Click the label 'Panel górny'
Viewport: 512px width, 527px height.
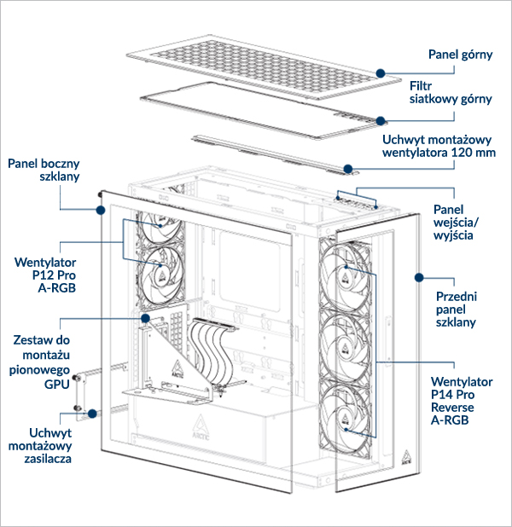[x=460, y=55]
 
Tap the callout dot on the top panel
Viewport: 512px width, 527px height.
[x=381, y=73]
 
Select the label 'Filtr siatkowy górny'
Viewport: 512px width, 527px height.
[x=451, y=92]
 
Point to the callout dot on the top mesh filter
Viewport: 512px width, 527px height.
[x=381, y=120]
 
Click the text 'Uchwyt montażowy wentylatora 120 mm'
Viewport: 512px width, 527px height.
[x=439, y=146]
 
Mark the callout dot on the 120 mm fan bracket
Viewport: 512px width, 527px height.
[x=348, y=168]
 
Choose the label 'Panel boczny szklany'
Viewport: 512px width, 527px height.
[x=44, y=170]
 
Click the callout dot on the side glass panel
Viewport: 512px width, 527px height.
[x=100, y=210]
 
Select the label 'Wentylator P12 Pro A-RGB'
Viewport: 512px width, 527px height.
[x=45, y=275]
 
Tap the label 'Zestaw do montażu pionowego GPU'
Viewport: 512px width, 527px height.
[x=40, y=362]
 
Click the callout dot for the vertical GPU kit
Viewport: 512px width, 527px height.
[x=145, y=318]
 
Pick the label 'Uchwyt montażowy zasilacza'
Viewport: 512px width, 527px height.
[x=40, y=446]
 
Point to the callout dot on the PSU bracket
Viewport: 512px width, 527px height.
[x=92, y=413]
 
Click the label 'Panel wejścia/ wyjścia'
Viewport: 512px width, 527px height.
[x=457, y=223]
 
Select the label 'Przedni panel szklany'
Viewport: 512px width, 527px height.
[x=457, y=310]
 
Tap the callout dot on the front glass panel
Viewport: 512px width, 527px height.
[x=419, y=277]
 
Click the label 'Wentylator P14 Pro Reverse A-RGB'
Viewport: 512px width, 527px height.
[x=462, y=401]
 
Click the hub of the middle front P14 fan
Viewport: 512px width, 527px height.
[x=345, y=349]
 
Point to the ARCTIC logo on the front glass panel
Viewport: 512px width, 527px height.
[x=406, y=458]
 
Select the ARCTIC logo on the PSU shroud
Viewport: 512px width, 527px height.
[x=201, y=427]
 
